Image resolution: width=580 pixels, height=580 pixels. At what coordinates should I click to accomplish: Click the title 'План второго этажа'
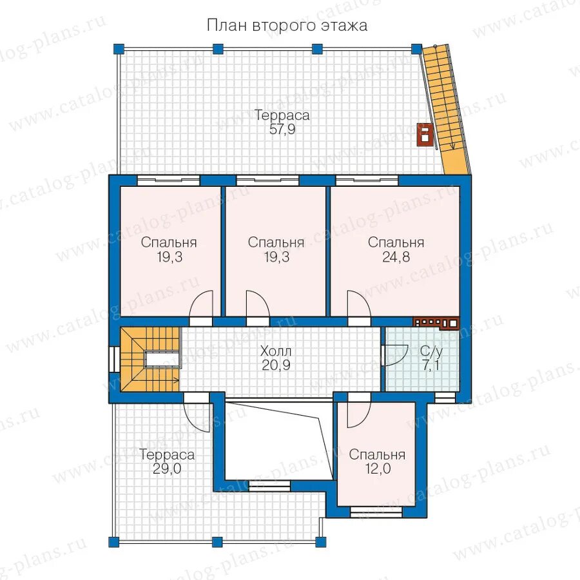click(x=287, y=26)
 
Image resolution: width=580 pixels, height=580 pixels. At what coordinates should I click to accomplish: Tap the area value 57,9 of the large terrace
click(x=282, y=130)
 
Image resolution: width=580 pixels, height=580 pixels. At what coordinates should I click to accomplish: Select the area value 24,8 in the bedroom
click(x=396, y=256)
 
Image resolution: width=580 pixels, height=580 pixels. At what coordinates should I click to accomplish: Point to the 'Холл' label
click(x=276, y=351)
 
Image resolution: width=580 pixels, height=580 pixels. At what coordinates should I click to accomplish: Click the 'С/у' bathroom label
click(x=431, y=351)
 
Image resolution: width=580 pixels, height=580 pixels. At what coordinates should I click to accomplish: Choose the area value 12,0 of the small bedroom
click(x=378, y=469)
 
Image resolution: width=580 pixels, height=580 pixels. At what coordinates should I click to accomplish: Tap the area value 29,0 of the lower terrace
click(x=166, y=469)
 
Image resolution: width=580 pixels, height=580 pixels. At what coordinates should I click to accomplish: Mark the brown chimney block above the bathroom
click(x=436, y=323)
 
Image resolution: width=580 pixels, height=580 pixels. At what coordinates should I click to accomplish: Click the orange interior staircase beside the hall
click(x=150, y=359)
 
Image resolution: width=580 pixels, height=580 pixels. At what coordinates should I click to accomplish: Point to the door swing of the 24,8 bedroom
click(x=358, y=304)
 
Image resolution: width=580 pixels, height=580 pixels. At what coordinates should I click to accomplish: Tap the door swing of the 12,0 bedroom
click(x=359, y=414)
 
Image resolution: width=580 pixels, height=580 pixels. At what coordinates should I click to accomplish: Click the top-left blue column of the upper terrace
click(x=119, y=49)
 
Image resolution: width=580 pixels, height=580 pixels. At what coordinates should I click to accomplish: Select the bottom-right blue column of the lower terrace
click(x=320, y=542)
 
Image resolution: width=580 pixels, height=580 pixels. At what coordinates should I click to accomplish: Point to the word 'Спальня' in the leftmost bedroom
click(x=169, y=243)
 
